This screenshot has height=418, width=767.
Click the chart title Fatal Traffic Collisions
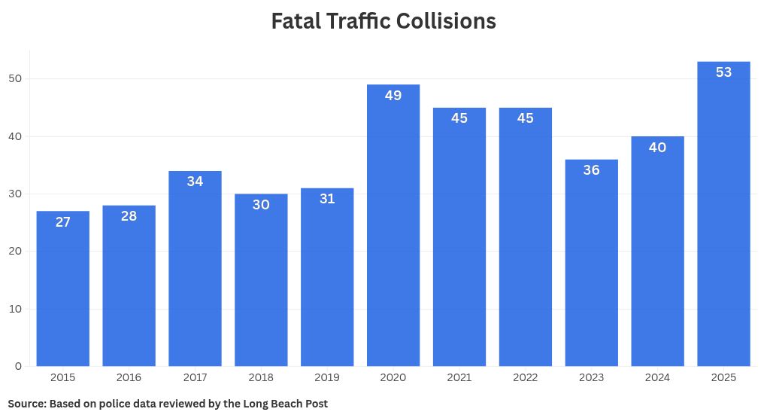coord(383,21)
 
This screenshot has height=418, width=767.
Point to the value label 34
coord(195,182)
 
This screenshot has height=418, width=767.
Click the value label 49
coord(393,96)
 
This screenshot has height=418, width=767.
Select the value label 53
coord(723,72)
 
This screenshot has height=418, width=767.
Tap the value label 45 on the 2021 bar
coord(459,118)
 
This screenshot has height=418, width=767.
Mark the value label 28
coord(129,216)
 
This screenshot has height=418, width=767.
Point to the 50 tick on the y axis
coord(15,79)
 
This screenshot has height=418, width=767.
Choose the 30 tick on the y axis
coord(15,194)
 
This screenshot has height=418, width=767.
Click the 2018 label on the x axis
coord(261,377)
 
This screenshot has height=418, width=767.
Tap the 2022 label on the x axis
coord(525,377)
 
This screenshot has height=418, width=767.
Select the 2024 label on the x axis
coord(657,377)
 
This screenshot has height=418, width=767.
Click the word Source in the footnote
coord(26,404)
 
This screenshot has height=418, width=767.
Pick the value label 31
coord(327,199)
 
